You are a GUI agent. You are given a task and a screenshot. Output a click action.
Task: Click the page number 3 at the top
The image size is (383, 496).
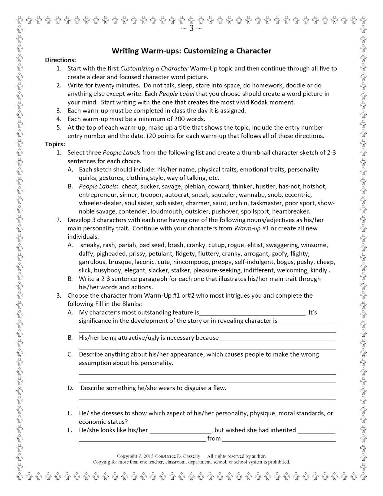(191, 29)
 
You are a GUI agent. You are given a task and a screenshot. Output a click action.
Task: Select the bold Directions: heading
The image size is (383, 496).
(60, 60)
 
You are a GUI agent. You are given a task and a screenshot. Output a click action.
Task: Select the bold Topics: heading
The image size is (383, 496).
(55, 144)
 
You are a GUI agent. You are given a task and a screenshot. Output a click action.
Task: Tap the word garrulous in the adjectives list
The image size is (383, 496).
(92, 262)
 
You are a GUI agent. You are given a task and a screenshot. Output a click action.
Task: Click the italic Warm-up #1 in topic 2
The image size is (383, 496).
(251, 228)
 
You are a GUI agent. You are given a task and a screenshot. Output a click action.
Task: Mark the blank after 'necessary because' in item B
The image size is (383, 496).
(277, 338)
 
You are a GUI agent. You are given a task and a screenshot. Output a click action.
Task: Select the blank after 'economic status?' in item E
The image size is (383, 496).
(232, 422)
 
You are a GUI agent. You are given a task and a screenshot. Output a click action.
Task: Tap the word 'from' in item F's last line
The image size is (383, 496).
(214, 439)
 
